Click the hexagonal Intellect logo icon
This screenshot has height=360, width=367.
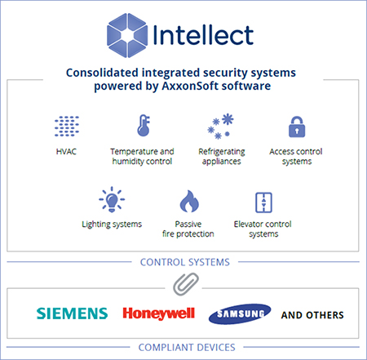[x=127, y=35]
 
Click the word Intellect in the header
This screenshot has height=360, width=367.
[x=204, y=35]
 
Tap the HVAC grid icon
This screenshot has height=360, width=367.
[x=67, y=126]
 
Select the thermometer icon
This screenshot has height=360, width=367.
[x=144, y=126]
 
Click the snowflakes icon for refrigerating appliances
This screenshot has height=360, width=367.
[x=220, y=127]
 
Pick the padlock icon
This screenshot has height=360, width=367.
[x=297, y=127]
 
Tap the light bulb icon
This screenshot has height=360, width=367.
[x=112, y=199]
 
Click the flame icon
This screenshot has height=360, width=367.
[x=189, y=201]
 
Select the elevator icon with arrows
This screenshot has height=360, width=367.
[x=263, y=202]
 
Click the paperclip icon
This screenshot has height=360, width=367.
[x=186, y=284]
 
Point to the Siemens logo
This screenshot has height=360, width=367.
[x=72, y=313]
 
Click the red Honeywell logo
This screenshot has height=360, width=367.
[x=159, y=313]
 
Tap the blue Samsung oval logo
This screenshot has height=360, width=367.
[x=240, y=314]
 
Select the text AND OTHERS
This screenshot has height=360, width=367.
[x=312, y=315]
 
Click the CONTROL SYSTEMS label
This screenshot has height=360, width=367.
[x=185, y=262]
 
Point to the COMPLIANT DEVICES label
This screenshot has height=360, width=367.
[x=187, y=348]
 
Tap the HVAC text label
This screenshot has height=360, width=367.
[x=66, y=151]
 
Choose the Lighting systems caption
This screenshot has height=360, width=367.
[x=112, y=224]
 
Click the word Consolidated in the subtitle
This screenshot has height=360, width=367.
[x=102, y=73]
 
